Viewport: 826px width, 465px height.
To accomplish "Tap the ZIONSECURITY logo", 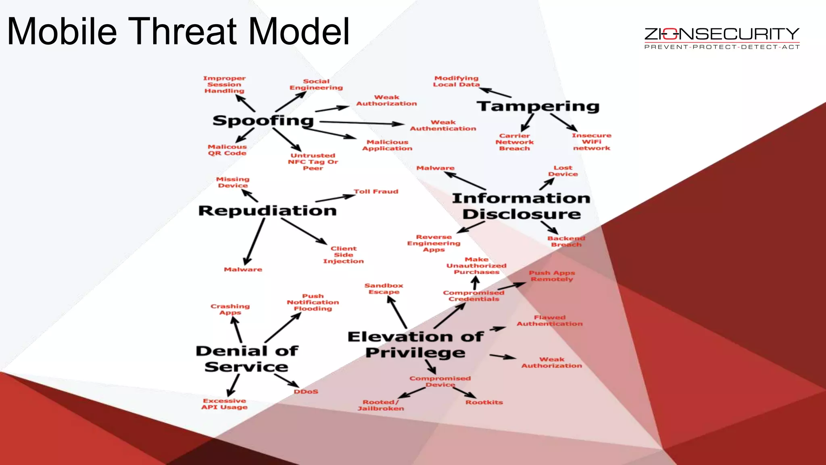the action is click(722, 38).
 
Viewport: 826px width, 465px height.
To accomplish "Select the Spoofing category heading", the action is click(263, 121).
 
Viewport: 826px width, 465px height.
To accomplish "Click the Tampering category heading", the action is click(538, 107).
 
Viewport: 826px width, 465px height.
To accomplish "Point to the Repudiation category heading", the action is click(267, 211).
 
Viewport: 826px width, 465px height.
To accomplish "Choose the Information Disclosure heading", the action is click(521, 206).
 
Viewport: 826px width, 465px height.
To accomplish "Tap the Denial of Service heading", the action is click(247, 359).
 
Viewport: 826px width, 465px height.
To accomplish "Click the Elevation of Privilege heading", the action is click(415, 345).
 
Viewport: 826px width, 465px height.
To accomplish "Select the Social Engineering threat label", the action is click(316, 84).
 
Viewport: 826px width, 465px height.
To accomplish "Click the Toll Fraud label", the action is click(376, 192).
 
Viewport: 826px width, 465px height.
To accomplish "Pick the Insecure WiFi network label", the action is click(592, 142).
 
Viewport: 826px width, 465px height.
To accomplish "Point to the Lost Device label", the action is click(563, 171).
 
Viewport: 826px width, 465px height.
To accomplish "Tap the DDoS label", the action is click(306, 392).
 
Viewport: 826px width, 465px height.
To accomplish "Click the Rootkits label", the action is click(484, 402).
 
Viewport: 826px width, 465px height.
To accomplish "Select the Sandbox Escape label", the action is click(384, 289).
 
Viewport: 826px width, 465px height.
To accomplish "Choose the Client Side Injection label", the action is click(344, 255).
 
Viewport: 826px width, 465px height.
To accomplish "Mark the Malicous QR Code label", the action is click(227, 150).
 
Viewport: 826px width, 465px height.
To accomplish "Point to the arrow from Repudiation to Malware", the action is click(254, 241).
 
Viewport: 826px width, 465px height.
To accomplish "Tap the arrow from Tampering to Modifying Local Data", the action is click(495, 92).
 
